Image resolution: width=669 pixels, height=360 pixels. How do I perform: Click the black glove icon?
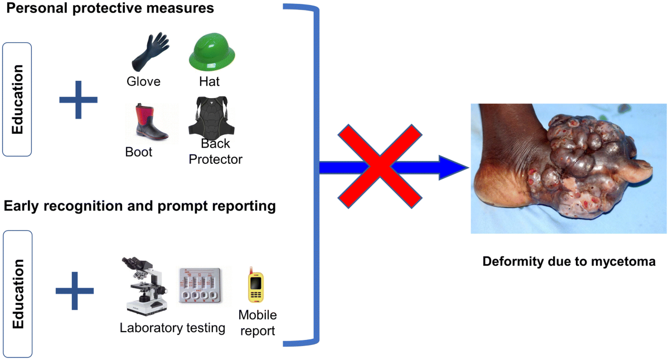[149, 51]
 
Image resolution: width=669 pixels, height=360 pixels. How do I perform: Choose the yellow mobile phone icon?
[256, 286]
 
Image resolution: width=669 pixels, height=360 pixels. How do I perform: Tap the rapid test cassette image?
[204, 285]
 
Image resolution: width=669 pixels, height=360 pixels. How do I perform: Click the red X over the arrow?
[379, 166]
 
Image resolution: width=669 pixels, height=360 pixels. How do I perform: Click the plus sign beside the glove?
[78, 100]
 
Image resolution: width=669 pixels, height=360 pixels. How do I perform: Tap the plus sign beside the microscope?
[75, 290]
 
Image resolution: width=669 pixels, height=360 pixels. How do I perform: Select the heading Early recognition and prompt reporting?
[140, 206]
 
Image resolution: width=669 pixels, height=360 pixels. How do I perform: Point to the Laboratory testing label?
[172, 328]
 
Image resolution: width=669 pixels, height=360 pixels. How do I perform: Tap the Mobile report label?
[258, 323]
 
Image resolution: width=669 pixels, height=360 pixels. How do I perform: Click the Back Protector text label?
[216, 152]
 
